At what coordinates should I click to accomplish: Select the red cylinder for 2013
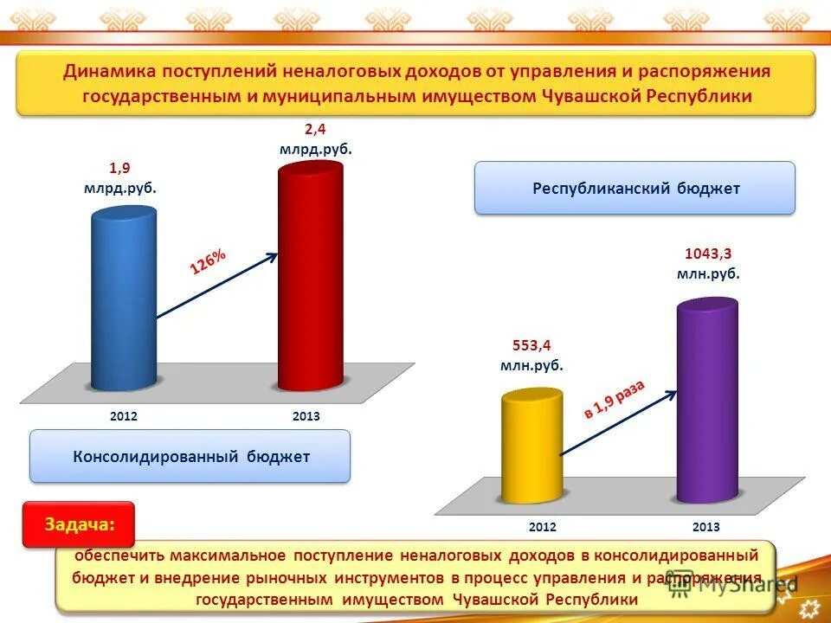point(310,277)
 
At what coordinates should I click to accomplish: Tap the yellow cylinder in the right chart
point(531,446)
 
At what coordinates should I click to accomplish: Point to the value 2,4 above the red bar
point(314,130)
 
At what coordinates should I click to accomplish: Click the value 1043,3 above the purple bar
point(708,254)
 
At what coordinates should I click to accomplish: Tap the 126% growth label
point(208,262)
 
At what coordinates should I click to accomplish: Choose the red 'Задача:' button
point(78,524)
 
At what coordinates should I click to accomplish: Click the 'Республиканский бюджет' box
point(635,188)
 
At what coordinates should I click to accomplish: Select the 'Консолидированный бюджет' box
point(190,456)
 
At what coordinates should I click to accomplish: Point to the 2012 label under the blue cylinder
point(124,416)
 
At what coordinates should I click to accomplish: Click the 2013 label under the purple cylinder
point(706,527)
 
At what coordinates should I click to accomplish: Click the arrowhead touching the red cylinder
point(273,255)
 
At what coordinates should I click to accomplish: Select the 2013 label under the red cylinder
point(306,416)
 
